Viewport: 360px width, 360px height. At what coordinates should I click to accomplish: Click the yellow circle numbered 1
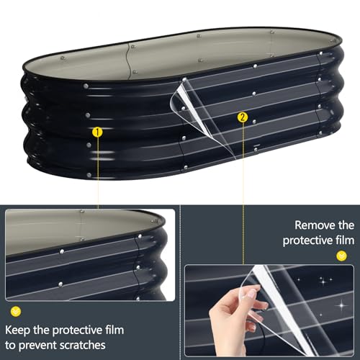click(x=96, y=132)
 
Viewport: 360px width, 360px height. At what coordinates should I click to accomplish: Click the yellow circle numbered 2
click(x=242, y=117)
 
